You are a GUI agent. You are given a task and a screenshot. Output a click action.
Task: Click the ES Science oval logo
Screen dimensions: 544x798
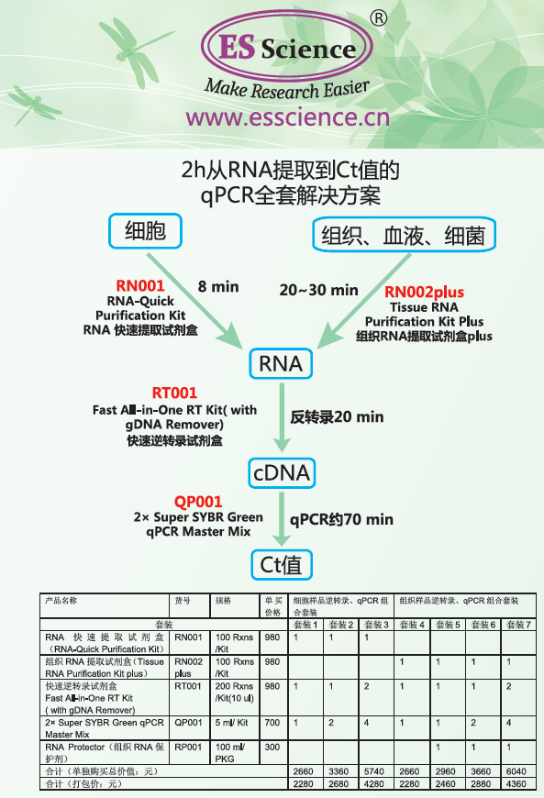click(286, 48)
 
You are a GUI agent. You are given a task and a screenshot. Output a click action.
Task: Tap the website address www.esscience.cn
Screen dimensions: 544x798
click(287, 117)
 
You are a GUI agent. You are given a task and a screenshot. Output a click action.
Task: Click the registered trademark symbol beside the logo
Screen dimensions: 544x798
click(378, 19)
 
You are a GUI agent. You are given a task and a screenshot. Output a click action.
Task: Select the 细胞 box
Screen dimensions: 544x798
click(146, 231)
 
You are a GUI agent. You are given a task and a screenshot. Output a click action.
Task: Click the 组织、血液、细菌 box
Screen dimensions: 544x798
click(404, 235)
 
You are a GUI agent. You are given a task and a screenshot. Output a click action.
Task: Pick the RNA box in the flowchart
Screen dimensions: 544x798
click(281, 363)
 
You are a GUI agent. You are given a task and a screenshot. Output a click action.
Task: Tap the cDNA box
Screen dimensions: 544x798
click(282, 472)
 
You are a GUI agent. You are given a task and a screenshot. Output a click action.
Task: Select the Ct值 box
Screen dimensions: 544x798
click(281, 565)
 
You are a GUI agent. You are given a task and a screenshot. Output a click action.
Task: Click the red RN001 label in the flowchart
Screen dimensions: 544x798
click(140, 285)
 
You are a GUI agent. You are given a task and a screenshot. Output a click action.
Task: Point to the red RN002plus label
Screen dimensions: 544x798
click(425, 292)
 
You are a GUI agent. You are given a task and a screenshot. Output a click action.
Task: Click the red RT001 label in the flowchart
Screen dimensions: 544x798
click(174, 393)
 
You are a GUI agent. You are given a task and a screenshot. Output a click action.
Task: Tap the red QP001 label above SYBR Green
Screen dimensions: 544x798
click(198, 502)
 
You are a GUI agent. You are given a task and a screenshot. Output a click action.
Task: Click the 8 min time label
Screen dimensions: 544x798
click(218, 286)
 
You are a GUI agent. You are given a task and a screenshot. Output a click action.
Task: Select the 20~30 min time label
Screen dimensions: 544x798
click(318, 290)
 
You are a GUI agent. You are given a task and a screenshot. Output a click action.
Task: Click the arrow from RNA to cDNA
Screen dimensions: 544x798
click(282, 417)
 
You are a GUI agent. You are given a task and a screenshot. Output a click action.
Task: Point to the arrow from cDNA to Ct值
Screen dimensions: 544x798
click(282, 518)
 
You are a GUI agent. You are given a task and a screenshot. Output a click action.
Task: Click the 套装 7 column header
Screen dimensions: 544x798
click(518, 625)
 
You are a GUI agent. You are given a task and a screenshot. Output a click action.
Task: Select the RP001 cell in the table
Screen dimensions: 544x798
click(188, 748)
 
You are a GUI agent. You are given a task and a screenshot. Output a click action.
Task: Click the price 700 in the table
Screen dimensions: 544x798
click(272, 723)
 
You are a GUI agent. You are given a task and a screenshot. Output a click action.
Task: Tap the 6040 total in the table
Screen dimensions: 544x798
click(516, 771)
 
